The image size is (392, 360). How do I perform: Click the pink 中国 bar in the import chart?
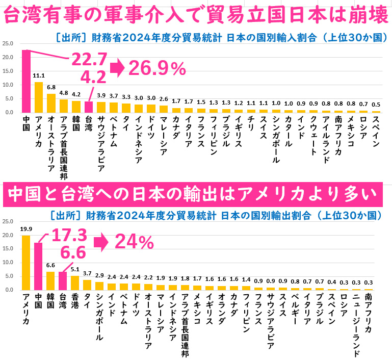pyautogui.click(x=27, y=82)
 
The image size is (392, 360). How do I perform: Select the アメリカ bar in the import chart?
pyautogui.click(x=39, y=97)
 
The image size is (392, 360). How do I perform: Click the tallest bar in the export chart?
pyautogui.click(x=26, y=262)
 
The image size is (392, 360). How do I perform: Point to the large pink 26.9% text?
pyautogui.click(x=157, y=68)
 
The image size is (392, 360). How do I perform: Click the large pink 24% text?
pyautogui.click(x=135, y=242)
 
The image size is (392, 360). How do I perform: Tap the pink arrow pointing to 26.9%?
pyautogui.click(x=117, y=68)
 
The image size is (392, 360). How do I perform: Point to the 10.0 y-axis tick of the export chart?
pyautogui.click(x=7, y=263)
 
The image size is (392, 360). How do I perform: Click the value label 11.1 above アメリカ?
pyautogui.click(x=39, y=76)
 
